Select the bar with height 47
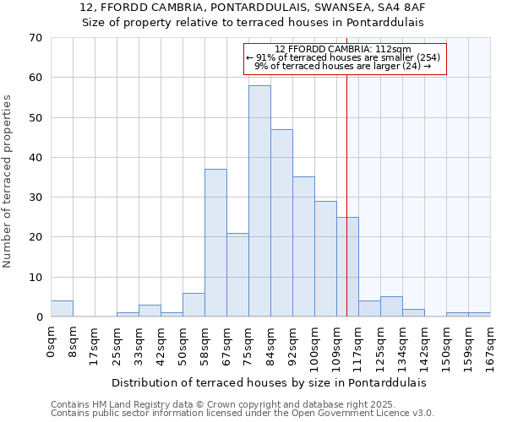(281, 223)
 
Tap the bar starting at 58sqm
(215, 243)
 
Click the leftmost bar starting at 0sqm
(62, 309)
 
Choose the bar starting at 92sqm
(303, 246)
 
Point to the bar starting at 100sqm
(325, 258)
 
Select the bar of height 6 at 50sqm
(194, 305)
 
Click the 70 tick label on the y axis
(35, 38)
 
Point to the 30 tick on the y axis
(35, 197)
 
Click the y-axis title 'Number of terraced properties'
(8, 181)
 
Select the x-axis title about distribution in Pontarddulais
(269, 382)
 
